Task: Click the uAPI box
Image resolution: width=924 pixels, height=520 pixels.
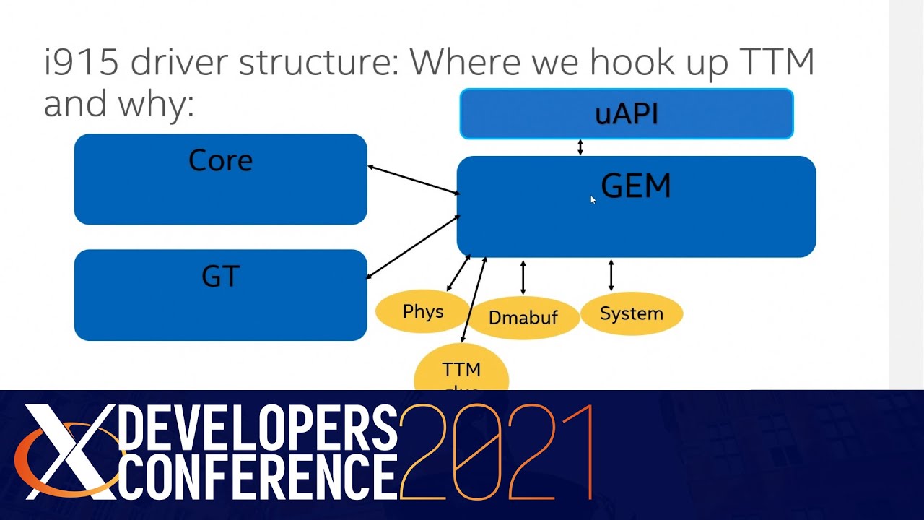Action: pyautogui.click(x=627, y=114)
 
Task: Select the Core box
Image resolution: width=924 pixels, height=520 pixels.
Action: pyautogui.click(x=220, y=179)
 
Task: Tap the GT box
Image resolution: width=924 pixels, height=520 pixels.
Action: pyautogui.click(x=220, y=295)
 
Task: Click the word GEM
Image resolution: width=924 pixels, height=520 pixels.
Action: pyautogui.click(x=635, y=186)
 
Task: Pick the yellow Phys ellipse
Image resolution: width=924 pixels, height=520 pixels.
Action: pyautogui.click(x=422, y=312)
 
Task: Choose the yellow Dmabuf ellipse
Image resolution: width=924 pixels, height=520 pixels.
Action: pyautogui.click(x=523, y=317)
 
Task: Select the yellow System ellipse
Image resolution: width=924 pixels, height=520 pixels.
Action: pyautogui.click(x=632, y=313)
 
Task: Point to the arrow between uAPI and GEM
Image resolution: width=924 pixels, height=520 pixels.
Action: pyautogui.click(x=580, y=147)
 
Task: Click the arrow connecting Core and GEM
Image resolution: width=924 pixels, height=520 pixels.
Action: pyautogui.click(x=413, y=180)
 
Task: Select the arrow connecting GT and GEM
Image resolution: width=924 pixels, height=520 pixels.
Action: pyautogui.click(x=413, y=246)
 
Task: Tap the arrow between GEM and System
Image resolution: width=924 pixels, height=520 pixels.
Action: pyautogui.click(x=611, y=275)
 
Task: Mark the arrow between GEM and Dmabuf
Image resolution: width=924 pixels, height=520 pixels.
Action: pyautogui.click(x=523, y=277)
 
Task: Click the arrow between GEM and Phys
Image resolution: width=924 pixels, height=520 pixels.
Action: pyautogui.click(x=458, y=273)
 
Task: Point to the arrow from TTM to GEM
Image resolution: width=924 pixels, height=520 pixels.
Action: pyautogui.click(x=474, y=299)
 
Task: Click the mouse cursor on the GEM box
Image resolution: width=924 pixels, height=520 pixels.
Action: pyautogui.click(x=592, y=199)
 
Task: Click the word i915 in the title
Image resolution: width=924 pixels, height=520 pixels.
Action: pyautogui.click(x=81, y=63)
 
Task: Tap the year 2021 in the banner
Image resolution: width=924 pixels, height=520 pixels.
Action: pyautogui.click(x=497, y=453)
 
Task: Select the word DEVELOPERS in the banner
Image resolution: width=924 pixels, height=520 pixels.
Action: pyautogui.click(x=257, y=428)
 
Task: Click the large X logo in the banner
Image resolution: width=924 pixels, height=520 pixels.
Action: pyautogui.click(x=69, y=451)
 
